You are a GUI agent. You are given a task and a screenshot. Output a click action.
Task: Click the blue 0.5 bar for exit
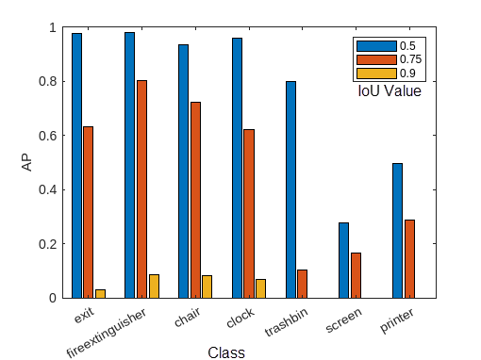pos(76,166)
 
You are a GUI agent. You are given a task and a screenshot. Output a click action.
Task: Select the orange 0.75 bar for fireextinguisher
pos(141,188)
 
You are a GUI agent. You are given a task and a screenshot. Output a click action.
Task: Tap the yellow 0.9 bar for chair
pos(207,286)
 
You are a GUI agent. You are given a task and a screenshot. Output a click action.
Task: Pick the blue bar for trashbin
pos(290,189)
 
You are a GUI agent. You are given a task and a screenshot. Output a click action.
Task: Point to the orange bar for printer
pos(409,258)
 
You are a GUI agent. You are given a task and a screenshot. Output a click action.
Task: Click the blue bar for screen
pos(343,260)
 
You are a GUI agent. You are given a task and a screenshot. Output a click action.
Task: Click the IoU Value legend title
pos(389,92)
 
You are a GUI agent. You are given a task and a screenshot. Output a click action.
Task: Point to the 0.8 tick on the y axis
pos(49,81)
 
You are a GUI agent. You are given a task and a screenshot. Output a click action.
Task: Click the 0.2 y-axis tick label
pos(49,244)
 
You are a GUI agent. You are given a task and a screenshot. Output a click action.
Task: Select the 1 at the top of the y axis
pos(53,27)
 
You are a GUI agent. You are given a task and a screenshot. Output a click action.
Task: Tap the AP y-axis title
pos(27,162)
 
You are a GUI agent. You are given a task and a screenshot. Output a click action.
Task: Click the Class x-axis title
pos(225,352)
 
